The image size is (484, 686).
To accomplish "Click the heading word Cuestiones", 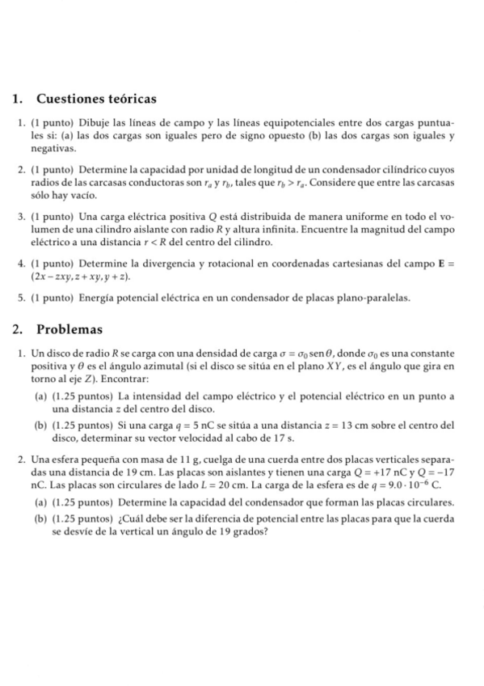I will [72, 99].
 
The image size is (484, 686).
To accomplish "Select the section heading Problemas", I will [70, 330].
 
